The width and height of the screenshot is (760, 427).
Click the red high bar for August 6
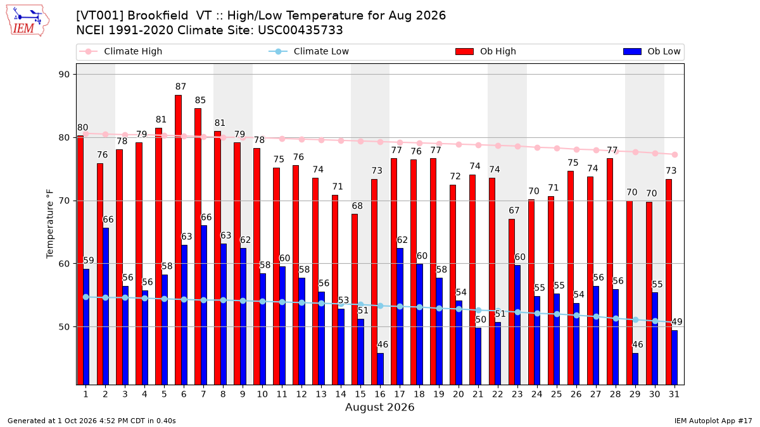pyautogui.click(x=178, y=240)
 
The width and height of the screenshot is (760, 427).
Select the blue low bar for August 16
pyautogui.click(x=381, y=369)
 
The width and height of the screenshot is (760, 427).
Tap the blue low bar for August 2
pyautogui.click(x=106, y=306)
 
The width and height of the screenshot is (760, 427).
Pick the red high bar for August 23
pyautogui.click(x=512, y=302)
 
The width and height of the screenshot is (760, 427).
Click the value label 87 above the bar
pyautogui.click(x=180, y=87)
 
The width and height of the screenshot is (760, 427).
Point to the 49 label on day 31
pyautogui.click(x=677, y=321)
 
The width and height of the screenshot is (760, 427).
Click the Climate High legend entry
pyautogui.click(x=121, y=51)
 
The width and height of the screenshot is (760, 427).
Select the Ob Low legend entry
pyautogui.click(x=652, y=51)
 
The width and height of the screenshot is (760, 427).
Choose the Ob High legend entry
pyautogui.click(x=486, y=51)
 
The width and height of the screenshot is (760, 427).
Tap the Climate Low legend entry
pyautogui.click(x=309, y=51)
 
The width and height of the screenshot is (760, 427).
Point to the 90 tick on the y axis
pyautogui.click(x=64, y=75)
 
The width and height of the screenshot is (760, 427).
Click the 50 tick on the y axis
pyautogui.click(x=64, y=327)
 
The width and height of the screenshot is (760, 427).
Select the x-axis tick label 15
pyautogui.click(x=360, y=394)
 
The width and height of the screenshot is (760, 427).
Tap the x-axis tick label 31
pyautogui.click(x=674, y=394)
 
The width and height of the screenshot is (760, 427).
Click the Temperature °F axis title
pyautogui.click(x=50, y=224)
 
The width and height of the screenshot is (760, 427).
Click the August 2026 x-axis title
pyautogui.click(x=379, y=407)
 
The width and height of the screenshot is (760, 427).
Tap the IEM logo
pyautogui.click(x=27, y=21)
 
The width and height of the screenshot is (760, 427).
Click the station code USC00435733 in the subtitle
pyautogui.click(x=300, y=30)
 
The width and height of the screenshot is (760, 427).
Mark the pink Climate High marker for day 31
pyautogui.click(x=675, y=154)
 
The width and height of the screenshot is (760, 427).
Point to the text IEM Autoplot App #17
pyautogui.click(x=713, y=421)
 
